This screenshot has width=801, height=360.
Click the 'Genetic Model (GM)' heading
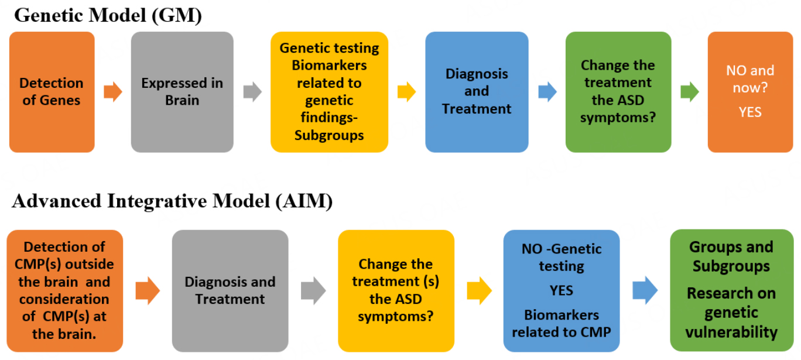108,15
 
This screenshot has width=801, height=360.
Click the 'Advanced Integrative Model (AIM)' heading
172,201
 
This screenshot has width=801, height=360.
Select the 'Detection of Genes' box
52,92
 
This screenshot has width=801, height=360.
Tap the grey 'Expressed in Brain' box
182,92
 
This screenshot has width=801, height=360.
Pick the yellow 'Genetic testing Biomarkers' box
329,92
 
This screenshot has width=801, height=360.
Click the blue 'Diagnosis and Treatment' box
477,92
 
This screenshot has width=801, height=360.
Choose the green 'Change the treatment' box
618,92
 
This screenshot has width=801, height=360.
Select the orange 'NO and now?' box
750,92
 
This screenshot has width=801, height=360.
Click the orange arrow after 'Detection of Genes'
113,92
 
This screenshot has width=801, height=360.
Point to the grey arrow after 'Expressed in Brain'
252,92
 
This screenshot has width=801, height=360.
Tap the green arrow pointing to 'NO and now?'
690,92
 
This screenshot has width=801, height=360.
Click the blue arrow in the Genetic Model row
547,92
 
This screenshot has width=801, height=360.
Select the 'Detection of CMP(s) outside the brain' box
65,291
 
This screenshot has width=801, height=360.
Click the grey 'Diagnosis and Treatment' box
230,291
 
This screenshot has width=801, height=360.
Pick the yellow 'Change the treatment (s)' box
396,291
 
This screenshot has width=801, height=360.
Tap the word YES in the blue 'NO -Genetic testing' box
562,291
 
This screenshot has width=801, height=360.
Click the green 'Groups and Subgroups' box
732,291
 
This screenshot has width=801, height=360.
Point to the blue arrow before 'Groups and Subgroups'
645,290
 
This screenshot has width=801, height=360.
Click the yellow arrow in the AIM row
479,291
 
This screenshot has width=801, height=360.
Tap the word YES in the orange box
750,112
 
